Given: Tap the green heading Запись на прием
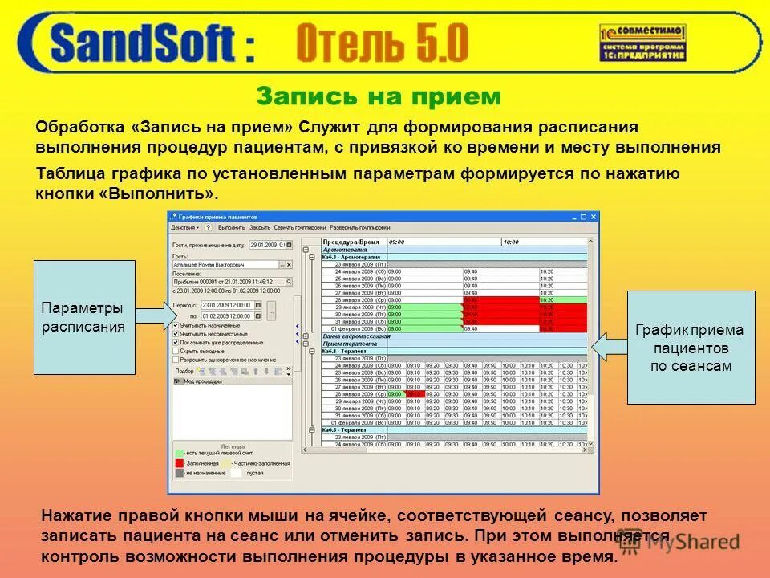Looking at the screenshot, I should [x=378, y=97].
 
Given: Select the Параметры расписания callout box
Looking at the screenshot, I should [x=83, y=317].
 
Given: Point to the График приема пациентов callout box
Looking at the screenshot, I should [x=690, y=348].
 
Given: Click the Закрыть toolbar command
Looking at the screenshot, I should [x=260, y=227].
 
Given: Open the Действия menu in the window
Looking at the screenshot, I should [x=185, y=227].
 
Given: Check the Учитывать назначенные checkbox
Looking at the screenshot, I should [x=176, y=325].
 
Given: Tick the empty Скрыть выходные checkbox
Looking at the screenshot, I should [x=176, y=352].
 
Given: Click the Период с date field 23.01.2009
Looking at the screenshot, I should [x=228, y=305].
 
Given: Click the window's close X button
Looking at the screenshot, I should [x=594, y=216].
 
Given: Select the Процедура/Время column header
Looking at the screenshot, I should [x=351, y=241].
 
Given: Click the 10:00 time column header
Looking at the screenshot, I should [x=511, y=241].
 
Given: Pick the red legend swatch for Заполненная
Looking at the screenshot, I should [x=179, y=463].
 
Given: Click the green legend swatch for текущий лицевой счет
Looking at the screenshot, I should [x=179, y=454].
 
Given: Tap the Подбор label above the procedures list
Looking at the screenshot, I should [x=184, y=372].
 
